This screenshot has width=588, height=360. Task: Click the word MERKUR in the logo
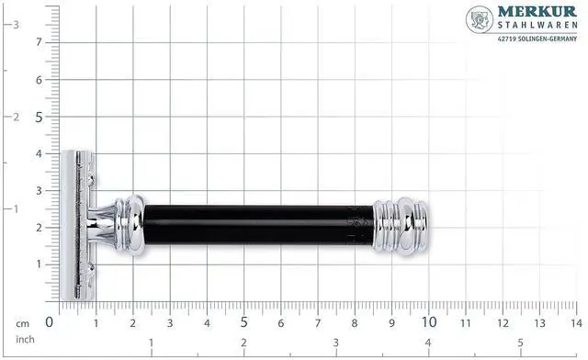tap(538, 14)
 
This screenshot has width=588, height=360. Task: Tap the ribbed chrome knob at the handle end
tap(404, 225)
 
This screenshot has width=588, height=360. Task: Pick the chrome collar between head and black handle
tap(129, 225)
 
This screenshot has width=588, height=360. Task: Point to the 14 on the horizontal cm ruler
tap(574, 322)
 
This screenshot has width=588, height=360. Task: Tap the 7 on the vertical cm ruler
tap(39, 42)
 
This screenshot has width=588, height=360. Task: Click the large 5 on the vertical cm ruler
tap(39, 117)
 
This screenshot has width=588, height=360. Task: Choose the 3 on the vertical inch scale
tap(15, 25)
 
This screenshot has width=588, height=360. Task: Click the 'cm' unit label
tap(22, 323)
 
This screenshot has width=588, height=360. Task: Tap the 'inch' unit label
tap(24, 340)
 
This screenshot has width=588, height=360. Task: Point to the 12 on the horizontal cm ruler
tap(502, 322)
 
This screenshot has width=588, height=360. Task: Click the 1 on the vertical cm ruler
tap(39, 264)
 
